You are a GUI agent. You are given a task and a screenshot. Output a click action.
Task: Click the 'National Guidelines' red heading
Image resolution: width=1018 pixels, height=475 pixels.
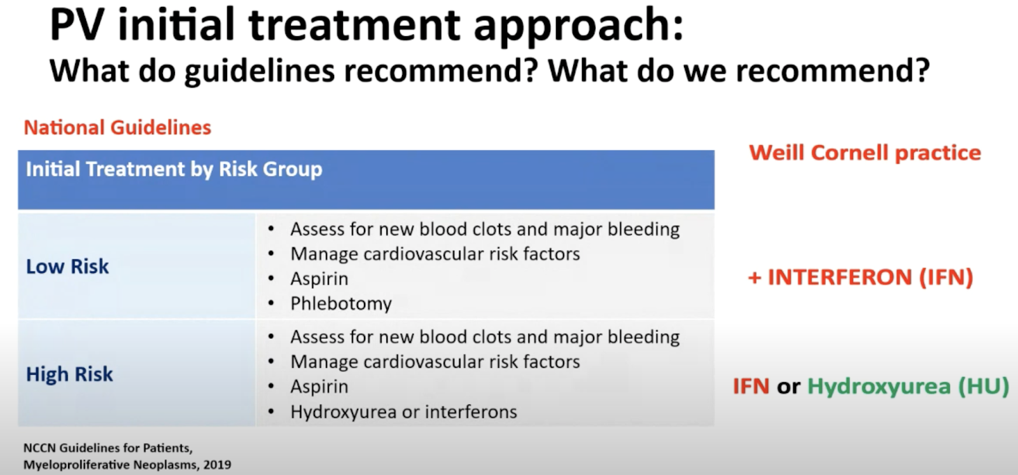(x=117, y=128)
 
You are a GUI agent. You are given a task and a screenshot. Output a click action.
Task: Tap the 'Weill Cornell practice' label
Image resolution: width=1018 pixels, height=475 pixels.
(x=865, y=153)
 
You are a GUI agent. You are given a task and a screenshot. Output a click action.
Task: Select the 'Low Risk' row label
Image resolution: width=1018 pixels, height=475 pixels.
(x=67, y=266)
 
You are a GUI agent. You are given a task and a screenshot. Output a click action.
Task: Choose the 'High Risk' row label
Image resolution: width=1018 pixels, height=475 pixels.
(x=69, y=375)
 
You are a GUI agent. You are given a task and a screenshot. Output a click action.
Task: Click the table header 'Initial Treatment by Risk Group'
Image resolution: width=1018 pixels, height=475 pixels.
(x=174, y=169)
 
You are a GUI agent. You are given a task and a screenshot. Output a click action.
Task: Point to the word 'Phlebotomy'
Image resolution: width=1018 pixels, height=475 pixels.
(x=341, y=304)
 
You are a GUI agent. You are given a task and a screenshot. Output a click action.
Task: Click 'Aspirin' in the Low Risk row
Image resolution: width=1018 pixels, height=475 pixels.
(x=319, y=279)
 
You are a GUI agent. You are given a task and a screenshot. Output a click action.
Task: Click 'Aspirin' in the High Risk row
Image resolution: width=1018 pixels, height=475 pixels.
(x=319, y=387)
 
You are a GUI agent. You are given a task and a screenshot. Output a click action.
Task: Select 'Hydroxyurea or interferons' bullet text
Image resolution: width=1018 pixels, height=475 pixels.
(x=403, y=412)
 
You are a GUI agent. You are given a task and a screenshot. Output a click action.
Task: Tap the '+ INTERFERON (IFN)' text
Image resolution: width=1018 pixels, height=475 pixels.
(x=860, y=277)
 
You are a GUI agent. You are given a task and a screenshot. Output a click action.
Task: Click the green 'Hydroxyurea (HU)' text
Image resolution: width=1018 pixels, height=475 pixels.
(x=908, y=387)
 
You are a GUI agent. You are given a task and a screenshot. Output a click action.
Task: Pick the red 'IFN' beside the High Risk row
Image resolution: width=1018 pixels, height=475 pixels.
(x=751, y=387)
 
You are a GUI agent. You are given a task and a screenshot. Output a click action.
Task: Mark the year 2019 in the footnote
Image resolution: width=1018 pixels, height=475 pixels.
(x=217, y=465)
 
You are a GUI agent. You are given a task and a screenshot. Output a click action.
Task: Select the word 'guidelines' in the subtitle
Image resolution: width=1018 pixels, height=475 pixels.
(x=260, y=71)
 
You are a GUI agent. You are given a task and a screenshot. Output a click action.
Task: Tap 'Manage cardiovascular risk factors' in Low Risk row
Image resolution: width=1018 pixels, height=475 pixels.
(x=435, y=254)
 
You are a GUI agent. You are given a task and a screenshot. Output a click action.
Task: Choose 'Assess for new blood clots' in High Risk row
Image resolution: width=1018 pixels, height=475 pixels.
(x=401, y=338)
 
